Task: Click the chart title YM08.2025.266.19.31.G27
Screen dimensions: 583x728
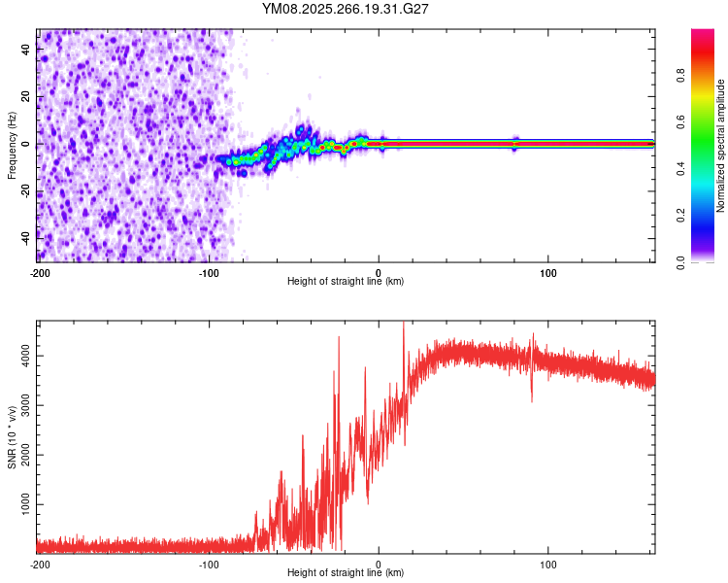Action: pos(346,9)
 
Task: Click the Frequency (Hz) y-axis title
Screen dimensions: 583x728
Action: pos(12,145)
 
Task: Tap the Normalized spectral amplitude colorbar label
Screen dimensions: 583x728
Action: pos(721,147)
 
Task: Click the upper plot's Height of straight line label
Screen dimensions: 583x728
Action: pos(346,282)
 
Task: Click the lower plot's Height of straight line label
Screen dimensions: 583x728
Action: pos(346,573)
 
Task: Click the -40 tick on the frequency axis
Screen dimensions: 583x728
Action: pos(24,235)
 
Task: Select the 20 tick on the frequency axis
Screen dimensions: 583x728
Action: pos(26,97)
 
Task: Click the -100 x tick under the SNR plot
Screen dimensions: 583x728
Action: pos(208,564)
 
